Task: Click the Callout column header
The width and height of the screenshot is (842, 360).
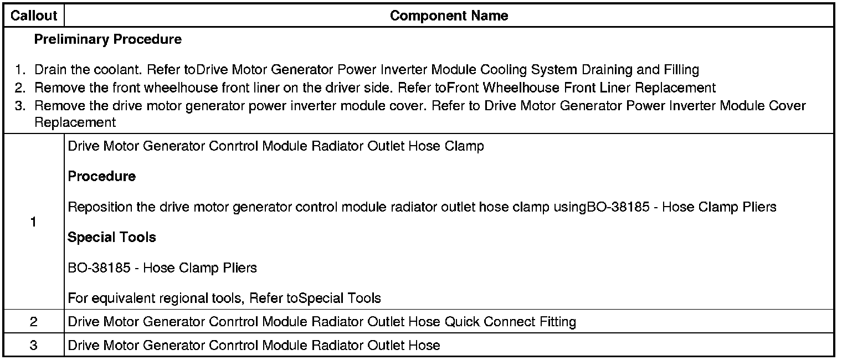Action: click(34, 16)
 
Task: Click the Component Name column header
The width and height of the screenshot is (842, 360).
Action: click(449, 16)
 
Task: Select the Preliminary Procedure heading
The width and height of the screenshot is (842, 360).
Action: click(107, 40)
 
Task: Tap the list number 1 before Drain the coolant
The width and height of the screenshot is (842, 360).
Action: click(20, 70)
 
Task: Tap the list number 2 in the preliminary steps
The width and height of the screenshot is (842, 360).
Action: click(20, 88)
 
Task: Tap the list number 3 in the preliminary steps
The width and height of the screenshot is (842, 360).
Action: click(20, 106)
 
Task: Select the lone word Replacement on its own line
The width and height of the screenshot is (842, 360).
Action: click(75, 122)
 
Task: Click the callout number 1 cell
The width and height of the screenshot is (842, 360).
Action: click(34, 222)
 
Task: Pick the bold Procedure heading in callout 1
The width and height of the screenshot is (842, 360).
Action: click(101, 177)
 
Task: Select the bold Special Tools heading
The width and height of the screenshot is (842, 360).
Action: click(111, 238)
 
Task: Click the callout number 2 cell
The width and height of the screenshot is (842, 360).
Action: click(34, 322)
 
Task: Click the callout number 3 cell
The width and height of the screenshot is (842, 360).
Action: click(34, 346)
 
